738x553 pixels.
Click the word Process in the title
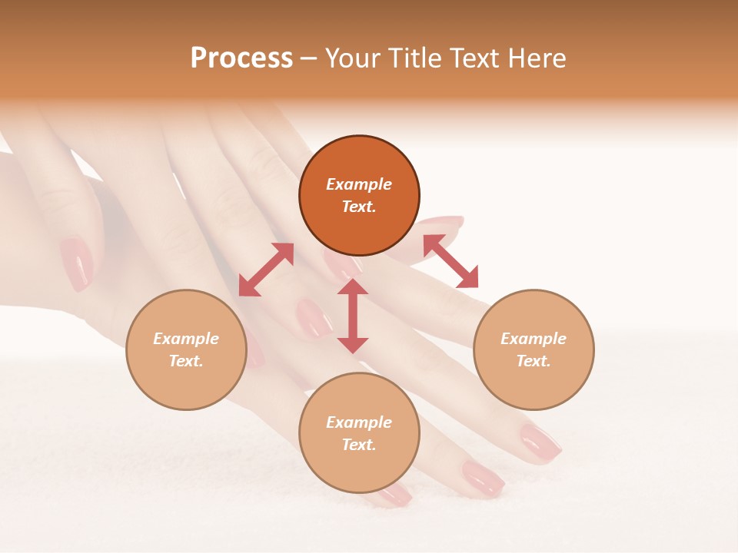click(241, 58)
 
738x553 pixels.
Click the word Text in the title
click(475, 58)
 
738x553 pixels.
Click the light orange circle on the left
click(186, 349)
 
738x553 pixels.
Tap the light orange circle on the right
click(534, 349)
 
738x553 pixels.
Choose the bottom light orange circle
click(359, 433)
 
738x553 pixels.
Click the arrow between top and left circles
click(266, 270)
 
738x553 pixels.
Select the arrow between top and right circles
click(450, 261)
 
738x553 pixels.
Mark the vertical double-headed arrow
click(353, 316)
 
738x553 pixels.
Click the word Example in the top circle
click(359, 184)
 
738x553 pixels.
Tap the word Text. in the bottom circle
click(359, 445)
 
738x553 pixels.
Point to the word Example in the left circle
click(186, 339)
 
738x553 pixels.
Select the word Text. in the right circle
click(534, 361)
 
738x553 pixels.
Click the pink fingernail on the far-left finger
click(76, 263)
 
